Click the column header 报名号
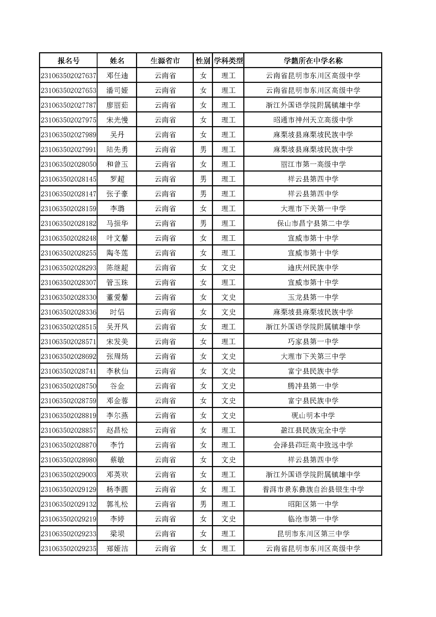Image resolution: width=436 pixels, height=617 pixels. pos(69,61)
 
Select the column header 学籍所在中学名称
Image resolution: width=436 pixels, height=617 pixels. pos(313,61)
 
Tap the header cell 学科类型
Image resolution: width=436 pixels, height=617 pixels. pos(228,61)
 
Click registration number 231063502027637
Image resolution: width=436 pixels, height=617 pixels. pos(69,76)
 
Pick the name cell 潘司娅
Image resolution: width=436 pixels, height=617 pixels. pos(117,91)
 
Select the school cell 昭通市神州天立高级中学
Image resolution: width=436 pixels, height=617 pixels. pos(313,120)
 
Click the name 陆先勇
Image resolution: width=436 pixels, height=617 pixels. pos(117,150)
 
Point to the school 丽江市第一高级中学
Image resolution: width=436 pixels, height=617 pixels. pos(313,164)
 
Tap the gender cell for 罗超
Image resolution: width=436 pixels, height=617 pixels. pos(203,179)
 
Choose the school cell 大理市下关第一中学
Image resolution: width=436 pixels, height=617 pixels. pos(313,209)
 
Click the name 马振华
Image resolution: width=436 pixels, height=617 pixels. pos(117,224)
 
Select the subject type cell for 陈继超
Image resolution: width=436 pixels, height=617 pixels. pos(228,268)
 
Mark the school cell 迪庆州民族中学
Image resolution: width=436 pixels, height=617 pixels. pos(313,268)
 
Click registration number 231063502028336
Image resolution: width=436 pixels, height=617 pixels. pos(69,312)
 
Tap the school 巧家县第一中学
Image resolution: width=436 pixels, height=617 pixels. pos(313,342)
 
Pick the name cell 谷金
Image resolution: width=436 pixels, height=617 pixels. pos(117,386)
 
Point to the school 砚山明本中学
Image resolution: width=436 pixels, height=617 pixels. pos(313,416)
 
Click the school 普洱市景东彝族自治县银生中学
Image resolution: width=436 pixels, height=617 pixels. pos(313,490)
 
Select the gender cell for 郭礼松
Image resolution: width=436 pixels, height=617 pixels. pos(203,504)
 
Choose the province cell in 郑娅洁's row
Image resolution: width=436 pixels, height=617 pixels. pos(165,549)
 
